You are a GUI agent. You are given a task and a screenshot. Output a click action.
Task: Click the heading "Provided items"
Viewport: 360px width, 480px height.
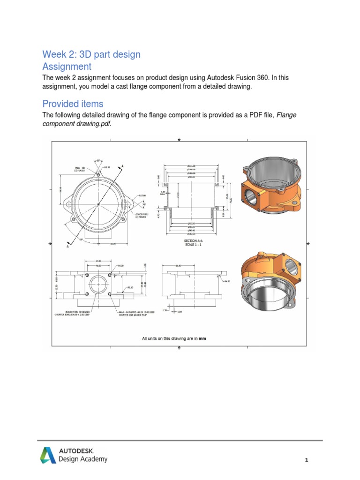click(73, 104)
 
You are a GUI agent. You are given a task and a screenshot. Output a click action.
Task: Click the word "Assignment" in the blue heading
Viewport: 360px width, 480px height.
click(67, 67)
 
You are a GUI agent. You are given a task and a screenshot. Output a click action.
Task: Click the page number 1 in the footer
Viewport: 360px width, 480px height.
click(306, 460)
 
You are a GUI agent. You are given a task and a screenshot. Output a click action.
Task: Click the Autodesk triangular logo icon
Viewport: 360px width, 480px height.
click(47, 455)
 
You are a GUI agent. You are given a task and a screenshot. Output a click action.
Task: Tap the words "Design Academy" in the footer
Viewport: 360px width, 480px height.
click(83, 459)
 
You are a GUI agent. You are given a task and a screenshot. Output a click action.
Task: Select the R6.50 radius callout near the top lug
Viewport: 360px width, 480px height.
click(106, 166)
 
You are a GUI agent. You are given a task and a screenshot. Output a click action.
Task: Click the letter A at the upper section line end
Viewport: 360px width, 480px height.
click(123, 166)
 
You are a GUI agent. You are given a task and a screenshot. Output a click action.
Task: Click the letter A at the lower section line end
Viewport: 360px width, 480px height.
click(68, 246)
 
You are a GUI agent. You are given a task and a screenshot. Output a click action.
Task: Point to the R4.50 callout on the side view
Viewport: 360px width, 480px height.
click(228, 281)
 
